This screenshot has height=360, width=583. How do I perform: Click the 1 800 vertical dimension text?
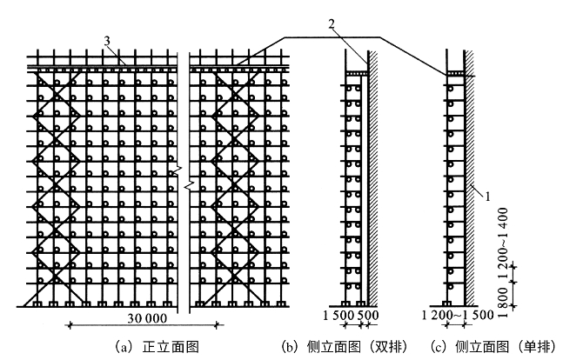click(502, 296)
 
